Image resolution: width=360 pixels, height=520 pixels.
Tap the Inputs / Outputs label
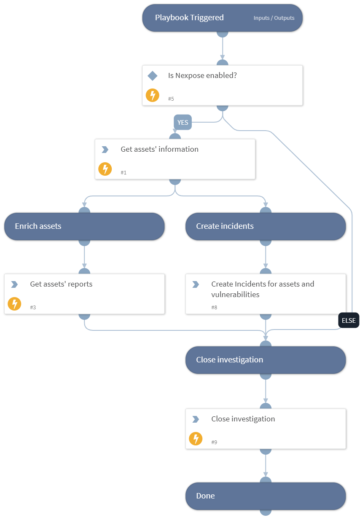274,18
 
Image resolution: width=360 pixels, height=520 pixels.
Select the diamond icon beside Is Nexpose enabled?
152,76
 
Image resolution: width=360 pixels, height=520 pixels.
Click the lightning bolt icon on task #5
152,95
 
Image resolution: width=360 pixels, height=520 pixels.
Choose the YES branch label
183,123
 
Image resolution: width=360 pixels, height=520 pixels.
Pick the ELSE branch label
348,320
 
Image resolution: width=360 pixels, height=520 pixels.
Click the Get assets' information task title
159,149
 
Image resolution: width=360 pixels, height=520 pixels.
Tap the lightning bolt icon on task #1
105,169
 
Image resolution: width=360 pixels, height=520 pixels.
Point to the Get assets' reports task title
61,284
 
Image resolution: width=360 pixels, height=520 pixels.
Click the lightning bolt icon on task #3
14,303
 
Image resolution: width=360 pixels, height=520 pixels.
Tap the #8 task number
214,308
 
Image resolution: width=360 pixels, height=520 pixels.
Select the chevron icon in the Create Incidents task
195,284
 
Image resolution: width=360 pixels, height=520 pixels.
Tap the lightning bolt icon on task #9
195,439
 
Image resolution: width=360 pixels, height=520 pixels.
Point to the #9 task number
214,442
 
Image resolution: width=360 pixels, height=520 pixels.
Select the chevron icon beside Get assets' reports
14,284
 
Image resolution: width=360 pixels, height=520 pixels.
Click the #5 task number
171,99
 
